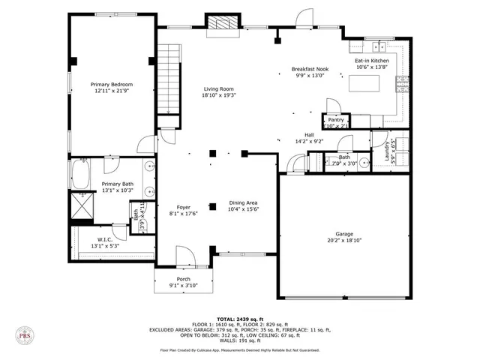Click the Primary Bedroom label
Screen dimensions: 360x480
112,84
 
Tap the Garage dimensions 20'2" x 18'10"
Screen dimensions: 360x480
343,241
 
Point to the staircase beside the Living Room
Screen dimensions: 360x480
169,79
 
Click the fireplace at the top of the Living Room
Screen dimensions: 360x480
223,24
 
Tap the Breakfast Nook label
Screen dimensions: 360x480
309,69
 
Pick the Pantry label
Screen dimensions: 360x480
335,119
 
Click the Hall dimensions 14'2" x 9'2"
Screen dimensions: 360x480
309,140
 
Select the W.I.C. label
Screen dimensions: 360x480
104,239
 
